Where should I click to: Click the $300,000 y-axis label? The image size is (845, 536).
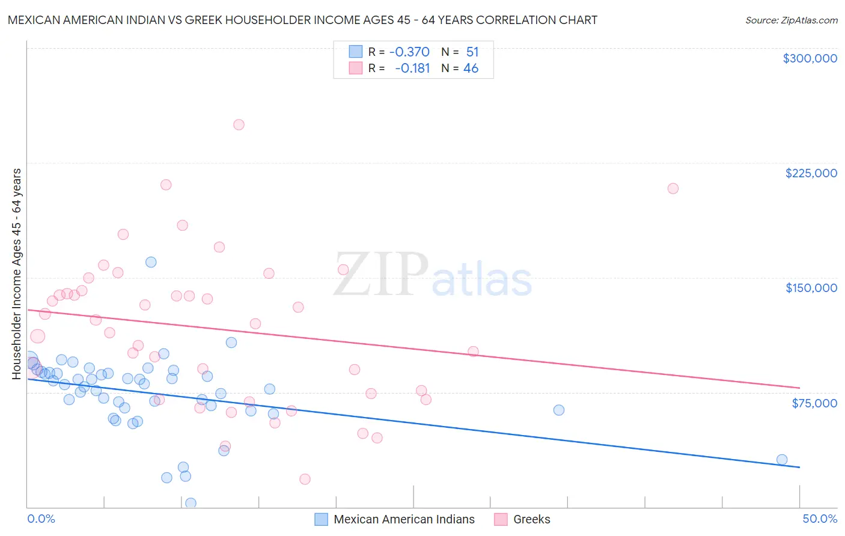click(810, 58)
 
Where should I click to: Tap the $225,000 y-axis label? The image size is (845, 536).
click(811, 173)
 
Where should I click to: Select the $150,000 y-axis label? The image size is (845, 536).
click(811, 288)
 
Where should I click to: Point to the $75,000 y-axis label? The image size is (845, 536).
click(814, 403)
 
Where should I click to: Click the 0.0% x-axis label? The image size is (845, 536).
click(41, 519)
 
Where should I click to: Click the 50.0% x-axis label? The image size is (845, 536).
click(820, 519)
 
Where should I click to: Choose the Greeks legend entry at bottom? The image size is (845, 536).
click(531, 519)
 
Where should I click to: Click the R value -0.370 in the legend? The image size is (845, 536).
click(409, 52)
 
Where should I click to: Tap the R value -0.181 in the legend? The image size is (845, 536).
click(412, 69)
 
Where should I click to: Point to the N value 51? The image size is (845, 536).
click(472, 52)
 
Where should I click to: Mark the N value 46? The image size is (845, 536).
click(471, 69)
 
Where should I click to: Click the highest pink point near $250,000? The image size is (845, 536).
click(239, 125)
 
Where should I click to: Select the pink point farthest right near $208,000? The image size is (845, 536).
click(673, 189)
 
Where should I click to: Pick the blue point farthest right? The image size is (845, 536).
click(782, 460)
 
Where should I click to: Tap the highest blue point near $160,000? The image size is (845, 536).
click(151, 262)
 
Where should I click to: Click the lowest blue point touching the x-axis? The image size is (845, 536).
click(191, 503)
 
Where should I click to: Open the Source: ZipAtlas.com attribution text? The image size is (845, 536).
click(791, 20)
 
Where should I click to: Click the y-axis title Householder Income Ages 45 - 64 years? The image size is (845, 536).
click(17, 274)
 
